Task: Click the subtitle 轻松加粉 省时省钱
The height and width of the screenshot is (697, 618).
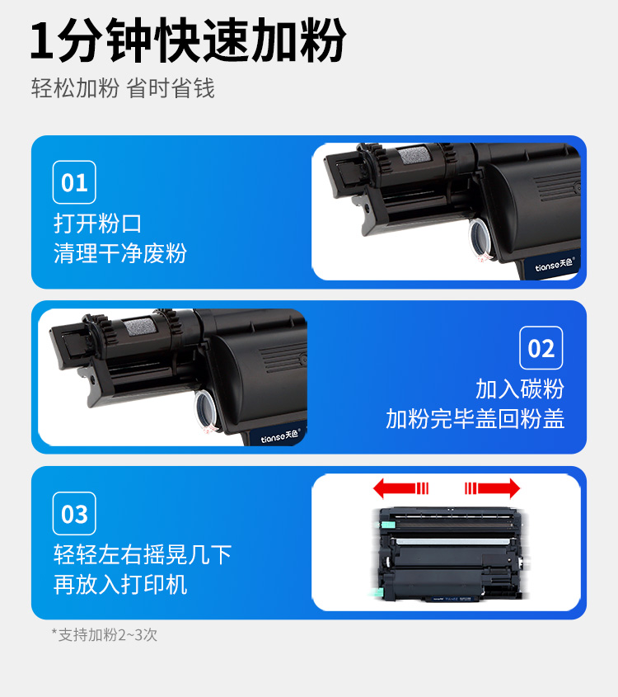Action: [x=123, y=88]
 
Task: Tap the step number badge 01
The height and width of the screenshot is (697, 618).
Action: [x=74, y=182]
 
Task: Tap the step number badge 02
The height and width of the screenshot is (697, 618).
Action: [x=541, y=348]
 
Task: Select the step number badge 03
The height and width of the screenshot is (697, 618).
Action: [x=74, y=514]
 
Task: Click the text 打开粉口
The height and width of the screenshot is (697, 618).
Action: [x=97, y=223]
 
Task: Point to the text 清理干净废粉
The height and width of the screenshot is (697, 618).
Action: [x=120, y=253]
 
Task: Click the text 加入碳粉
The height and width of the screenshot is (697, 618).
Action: [x=520, y=389]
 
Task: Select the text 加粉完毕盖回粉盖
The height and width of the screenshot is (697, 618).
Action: [x=475, y=419]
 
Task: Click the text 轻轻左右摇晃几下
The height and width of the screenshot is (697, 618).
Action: [x=143, y=554]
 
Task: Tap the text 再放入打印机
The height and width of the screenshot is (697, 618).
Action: [x=120, y=585]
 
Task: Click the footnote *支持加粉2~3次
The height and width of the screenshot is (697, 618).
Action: [x=105, y=635]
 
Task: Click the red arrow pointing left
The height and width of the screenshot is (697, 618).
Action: [x=400, y=488]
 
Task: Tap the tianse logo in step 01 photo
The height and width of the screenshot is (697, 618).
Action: [x=555, y=266]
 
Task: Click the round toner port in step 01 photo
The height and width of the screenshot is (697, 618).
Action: [x=481, y=237]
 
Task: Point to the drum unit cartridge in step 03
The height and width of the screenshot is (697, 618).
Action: [x=447, y=553]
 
